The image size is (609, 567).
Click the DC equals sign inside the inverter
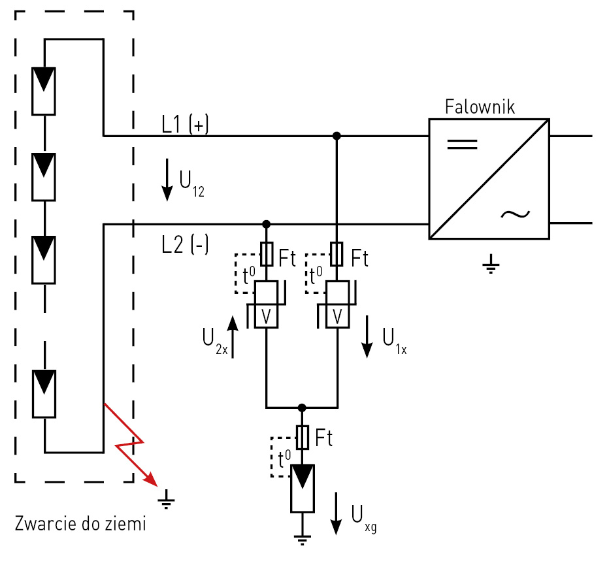click(462, 144)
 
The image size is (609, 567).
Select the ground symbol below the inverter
click(490, 266)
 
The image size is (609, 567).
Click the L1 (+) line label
click(185, 125)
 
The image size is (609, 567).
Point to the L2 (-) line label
click(185, 245)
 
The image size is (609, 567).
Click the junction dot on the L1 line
click(337, 136)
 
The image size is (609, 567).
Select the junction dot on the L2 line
click(266, 224)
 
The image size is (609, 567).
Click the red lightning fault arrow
click(131, 444)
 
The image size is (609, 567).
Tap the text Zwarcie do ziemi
click(80, 523)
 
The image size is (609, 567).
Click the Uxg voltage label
click(363, 518)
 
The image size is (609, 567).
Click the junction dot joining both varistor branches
click(301, 406)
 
